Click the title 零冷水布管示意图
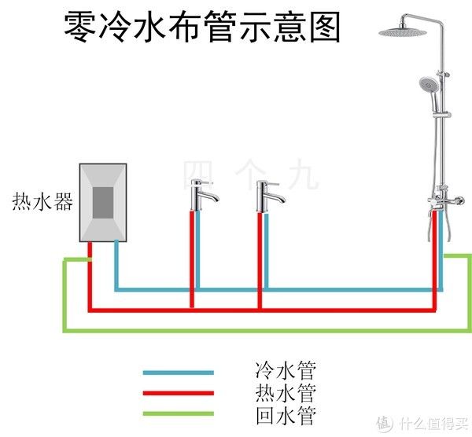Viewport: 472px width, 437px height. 202,28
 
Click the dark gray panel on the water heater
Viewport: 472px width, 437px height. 103,204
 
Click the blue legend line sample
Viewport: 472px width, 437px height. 178,373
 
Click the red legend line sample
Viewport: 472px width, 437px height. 178,394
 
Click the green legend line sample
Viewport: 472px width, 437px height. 178,414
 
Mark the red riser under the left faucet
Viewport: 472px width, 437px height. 190,259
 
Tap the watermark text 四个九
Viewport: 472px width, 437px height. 251,174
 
